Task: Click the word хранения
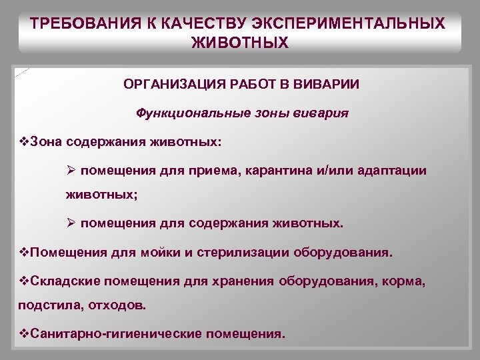point(246,281)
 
